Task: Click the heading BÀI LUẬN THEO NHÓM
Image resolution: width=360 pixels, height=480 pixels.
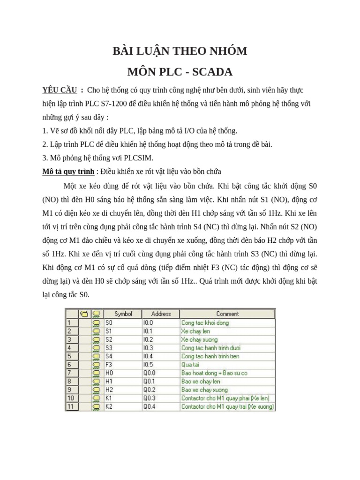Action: [180, 51]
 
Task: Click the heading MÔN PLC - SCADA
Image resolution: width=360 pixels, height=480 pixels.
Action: [180, 72]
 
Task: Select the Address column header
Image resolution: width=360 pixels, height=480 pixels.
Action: [161, 314]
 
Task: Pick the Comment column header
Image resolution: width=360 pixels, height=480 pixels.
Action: [227, 314]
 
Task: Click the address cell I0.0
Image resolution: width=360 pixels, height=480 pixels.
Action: [148, 322]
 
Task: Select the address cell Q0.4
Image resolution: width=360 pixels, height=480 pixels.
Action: [149, 407]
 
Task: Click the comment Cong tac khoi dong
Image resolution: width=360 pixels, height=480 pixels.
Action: [205, 322]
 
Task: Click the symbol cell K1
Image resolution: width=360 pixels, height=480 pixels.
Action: [109, 398]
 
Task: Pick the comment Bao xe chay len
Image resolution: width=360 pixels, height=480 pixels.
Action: [201, 382]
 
